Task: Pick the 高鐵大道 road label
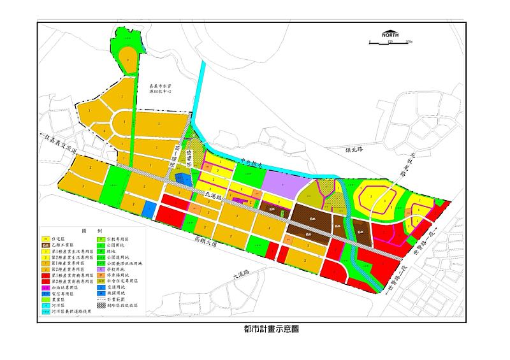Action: pyautogui.click(x=210, y=243)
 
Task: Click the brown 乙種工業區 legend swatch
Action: pyautogui.click(x=46, y=245)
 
